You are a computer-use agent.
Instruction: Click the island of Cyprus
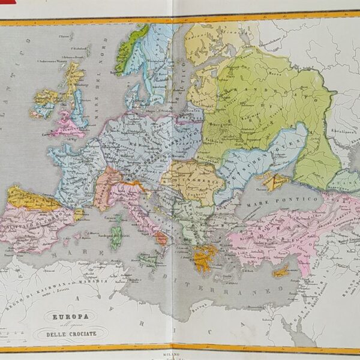[x=280, y=272]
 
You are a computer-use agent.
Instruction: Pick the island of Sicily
[x=148, y=259]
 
